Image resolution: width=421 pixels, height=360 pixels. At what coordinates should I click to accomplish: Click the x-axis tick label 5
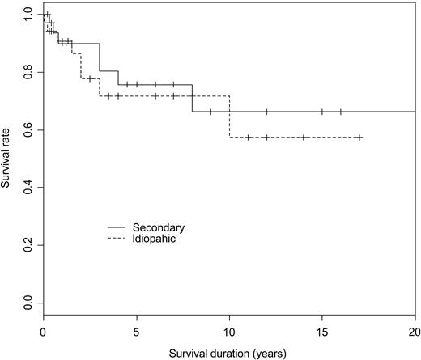click(136, 332)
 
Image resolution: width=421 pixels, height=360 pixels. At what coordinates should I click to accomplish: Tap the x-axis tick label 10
click(229, 332)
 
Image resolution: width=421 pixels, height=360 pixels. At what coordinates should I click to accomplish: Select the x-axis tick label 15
click(322, 332)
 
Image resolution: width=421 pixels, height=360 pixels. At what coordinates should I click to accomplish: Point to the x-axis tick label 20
click(415, 332)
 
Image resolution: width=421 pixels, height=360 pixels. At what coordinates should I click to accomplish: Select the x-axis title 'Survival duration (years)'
click(229, 353)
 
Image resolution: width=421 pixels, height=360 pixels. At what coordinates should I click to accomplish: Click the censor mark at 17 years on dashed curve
click(359, 138)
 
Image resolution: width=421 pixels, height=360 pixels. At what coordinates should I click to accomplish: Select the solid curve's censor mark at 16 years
click(340, 112)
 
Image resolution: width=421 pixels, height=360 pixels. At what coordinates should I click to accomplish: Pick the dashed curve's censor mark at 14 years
click(304, 138)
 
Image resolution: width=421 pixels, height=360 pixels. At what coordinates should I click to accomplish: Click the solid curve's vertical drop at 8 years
click(192, 98)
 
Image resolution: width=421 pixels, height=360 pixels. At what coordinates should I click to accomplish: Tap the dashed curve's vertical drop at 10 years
click(229, 116)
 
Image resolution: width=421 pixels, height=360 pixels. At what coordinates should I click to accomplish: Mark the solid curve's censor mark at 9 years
click(210, 112)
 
